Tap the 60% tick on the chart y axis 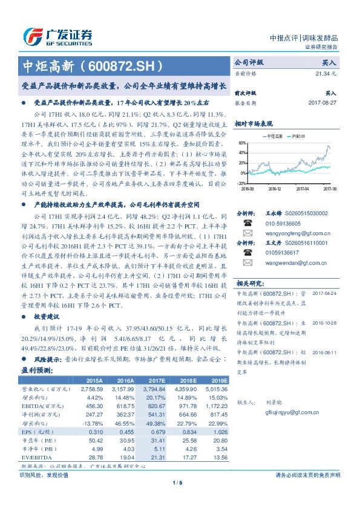tap(242, 143)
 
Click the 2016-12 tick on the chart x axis tap(275, 189)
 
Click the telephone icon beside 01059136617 tap(247, 253)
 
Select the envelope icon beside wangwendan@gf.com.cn tap(247, 262)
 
